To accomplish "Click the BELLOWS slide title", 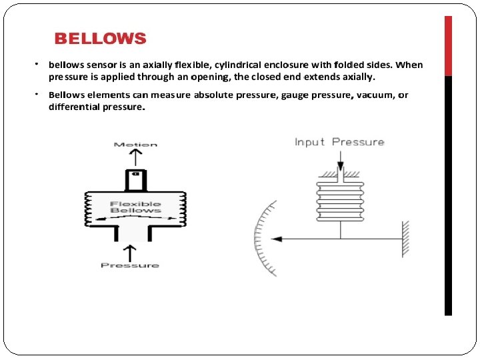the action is click(x=100, y=39).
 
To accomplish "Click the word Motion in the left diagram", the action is click(x=135, y=144).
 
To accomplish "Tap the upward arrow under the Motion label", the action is click(x=135, y=157).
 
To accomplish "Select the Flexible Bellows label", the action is click(x=135, y=207).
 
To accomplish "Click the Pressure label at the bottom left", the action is click(x=130, y=265).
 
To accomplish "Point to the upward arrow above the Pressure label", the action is click(x=130, y=252).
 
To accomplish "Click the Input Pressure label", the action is click(x=339, y=142).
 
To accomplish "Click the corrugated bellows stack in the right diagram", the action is click(x=341, y=197).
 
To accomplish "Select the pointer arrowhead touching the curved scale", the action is click(x=278, y=238).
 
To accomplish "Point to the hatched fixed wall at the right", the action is click(x=404, y=238).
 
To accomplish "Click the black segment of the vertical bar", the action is click(x=448, y=193).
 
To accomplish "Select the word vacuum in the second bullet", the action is click(x=376, y=95).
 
